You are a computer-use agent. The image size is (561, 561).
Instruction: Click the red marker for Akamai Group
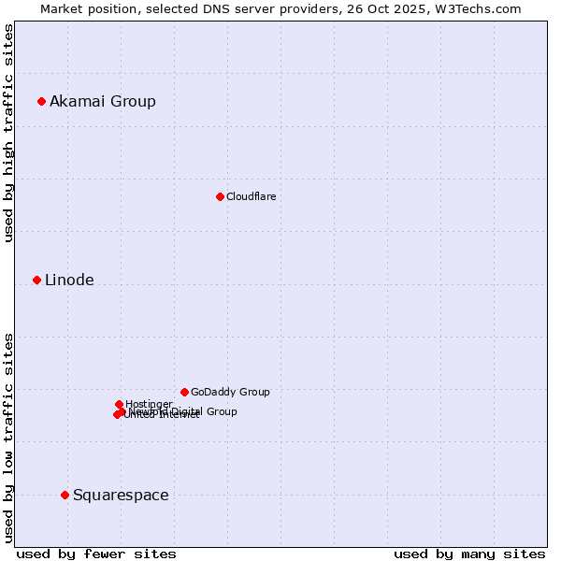pyautogui.click(x=41, y=101)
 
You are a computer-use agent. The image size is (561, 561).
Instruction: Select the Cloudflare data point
pyautogui.click(x=220, y=196)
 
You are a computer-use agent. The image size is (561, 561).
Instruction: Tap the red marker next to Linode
pyautogui.click(x=36, y=280)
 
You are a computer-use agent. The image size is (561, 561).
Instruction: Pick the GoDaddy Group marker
pyautogui.click(x=184, y=392)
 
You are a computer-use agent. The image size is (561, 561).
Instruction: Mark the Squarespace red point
pyautogui.click(x=65, y=495)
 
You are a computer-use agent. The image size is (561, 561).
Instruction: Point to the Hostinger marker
pyautogui.click(x=119, y=404)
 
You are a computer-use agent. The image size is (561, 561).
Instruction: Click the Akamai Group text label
pyautogui.click(x=103, y=101)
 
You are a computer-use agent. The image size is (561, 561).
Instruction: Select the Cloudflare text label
pyautogui.click(x=251, y=196)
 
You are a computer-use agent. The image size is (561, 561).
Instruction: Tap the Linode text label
pyautogui.click(x=69, y=280)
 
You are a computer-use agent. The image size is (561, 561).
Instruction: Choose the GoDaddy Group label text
pyautogui.click(x=230, y=392)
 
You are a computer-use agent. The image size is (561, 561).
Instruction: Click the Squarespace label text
pyautogui.click(x=121, y=495)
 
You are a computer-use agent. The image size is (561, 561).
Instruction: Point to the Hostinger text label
pyautogui.click(x=149, y=404)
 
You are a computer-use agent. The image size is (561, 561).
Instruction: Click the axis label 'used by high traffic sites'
pyautogui.click(x=8, y=133)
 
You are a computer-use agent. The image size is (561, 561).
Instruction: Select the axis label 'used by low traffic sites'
pyautogui.click(x=8, y=437)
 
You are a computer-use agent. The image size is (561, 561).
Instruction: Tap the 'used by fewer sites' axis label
pyautogui.click(x=96, y=554)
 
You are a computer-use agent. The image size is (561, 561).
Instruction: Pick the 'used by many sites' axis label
pyautogui.click(x=469, y=554)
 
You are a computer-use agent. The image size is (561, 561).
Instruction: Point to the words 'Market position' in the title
pyautogui.click(x=86, y=8)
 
